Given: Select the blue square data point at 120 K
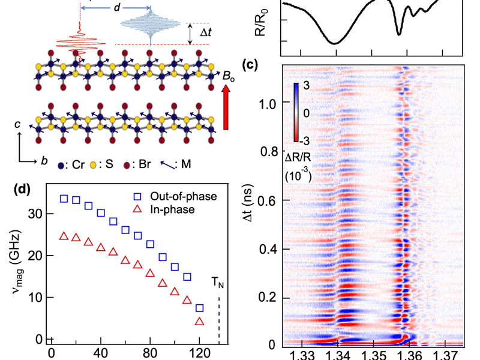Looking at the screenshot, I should [200, 308].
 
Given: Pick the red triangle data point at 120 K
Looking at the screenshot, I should [200, 322].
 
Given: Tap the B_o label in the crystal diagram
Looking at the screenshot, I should [229, 76].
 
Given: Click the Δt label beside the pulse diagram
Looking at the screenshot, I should [205, 34].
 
